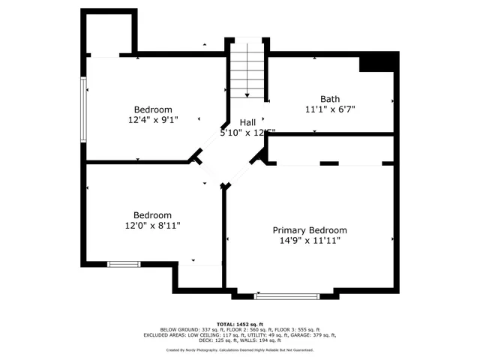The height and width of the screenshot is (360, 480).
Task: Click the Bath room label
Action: tap(329, 99)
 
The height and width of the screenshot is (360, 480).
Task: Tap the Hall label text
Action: tap(247, 122)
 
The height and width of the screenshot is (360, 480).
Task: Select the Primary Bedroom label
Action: tap(310, 230)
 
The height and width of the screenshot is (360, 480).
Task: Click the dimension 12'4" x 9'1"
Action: tap(153, 119)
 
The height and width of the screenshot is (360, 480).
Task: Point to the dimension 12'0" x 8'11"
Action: tap(153, 225)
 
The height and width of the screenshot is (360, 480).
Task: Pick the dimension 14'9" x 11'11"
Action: tap(310, 241)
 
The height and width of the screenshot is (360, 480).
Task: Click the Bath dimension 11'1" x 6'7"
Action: tap(330, 109)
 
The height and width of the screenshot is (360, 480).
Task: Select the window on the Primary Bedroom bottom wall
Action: tap(287, 296)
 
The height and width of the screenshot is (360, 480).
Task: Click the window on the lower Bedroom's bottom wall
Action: tap(124, 263)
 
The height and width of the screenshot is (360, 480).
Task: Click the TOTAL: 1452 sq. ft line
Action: tap(240, 324)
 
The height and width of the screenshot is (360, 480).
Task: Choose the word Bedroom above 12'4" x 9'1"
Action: tap(153, 109)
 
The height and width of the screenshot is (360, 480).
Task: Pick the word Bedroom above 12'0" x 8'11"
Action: tap(153, 214)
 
